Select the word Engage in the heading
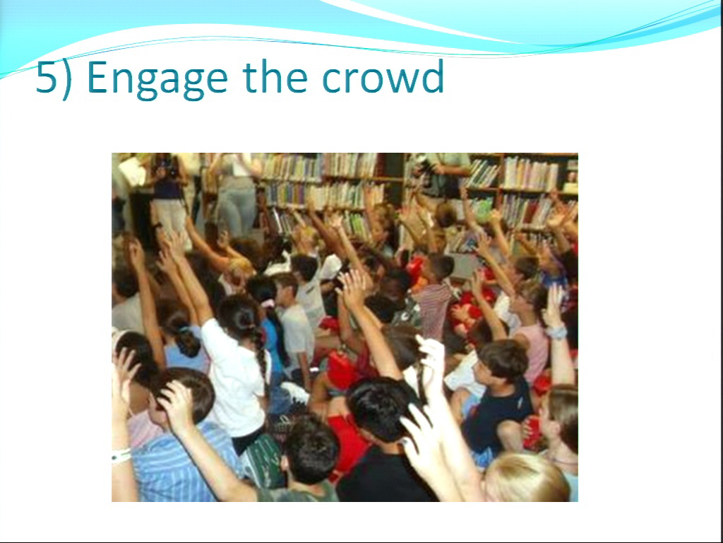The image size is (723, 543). click(x=157, y=79)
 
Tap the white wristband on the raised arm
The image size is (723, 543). click(x=121, y=456)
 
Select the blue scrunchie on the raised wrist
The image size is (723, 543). click(x=556, y=332)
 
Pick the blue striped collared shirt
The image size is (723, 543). click(x=184, y=462)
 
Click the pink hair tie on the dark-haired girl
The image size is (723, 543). click(x=268, y=303)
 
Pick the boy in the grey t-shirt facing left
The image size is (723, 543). click(x=295, y=323)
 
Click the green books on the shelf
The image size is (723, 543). click(x=482, y=210)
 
